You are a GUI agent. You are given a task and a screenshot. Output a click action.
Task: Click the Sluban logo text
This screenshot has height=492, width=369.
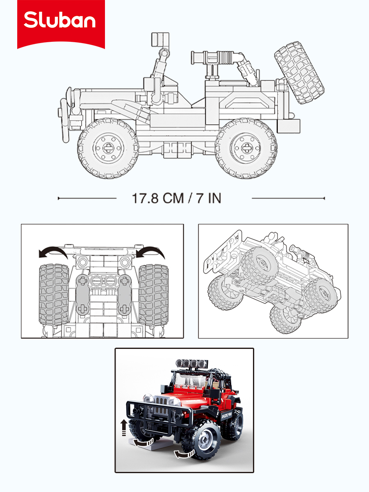click(x=59, y=20)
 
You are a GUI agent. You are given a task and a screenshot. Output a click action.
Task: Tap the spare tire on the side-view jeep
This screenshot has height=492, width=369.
click(x=299, y=73)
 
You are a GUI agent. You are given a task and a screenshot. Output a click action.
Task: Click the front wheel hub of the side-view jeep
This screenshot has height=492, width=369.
click(x=108, y=148)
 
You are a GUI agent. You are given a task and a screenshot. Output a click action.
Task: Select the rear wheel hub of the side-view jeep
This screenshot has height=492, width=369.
click(x=246, y=148)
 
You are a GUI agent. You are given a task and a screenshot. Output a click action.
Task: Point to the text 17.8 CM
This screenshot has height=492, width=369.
click(x=158, y=198)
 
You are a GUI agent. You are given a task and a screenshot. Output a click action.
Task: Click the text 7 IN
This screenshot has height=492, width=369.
click(x=209, y=198)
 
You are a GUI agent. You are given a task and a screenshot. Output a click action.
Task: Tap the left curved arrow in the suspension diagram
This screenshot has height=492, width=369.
click(x=53, y=253)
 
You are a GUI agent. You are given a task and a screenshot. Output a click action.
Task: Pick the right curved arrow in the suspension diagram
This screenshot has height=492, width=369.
click(x=150, y=253)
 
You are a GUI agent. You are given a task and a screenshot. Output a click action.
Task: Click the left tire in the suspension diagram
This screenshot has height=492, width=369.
click(x=54, y=294)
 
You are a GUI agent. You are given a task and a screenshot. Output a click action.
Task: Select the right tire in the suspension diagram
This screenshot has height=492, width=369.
click(x=153, y=294)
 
